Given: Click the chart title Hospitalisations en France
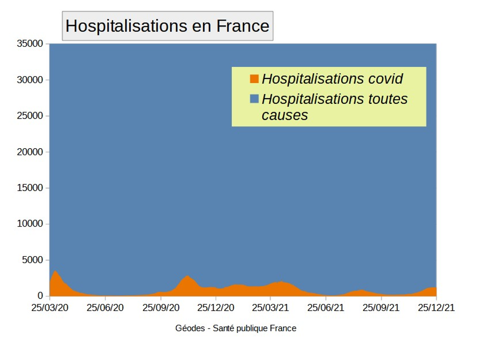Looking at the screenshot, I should [167, 26].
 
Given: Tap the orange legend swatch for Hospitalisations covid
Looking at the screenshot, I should [254, 79].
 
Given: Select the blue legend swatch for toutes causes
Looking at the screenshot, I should [254, 99].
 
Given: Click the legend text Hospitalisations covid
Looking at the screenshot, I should [332, 79].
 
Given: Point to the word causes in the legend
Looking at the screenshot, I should [285, 115].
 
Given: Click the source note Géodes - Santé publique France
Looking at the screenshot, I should [236, 329].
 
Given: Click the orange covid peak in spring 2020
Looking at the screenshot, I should [55, 277].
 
